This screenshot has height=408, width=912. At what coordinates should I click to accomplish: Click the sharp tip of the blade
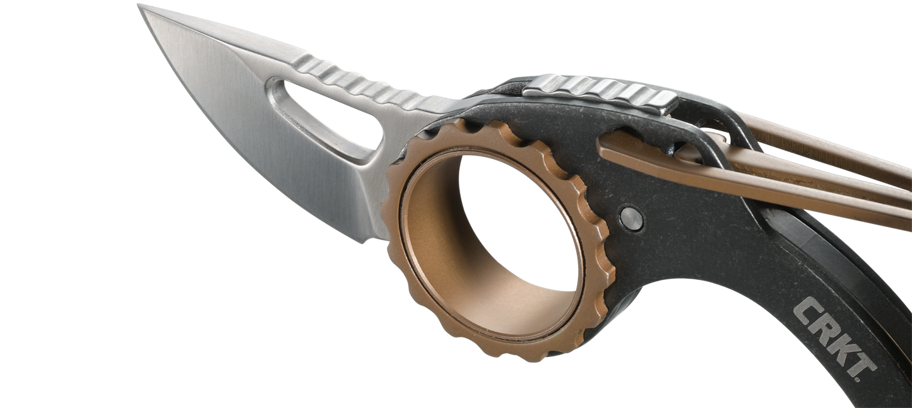(x=139, y=5)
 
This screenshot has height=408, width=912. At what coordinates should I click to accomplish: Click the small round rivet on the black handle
(x=632, y=219)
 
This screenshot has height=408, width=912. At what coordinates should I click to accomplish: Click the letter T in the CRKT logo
(x=860, y=366)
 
